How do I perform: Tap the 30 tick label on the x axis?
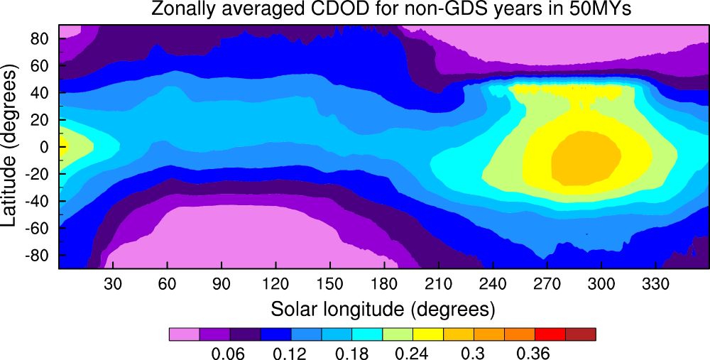[x=113, y=285]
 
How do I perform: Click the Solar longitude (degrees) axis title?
[x=382, y=310]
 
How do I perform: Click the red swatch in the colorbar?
[x=550, y=334]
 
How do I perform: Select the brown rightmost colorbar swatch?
[x=580, y=334]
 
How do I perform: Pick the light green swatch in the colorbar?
[x=397, y=334]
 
